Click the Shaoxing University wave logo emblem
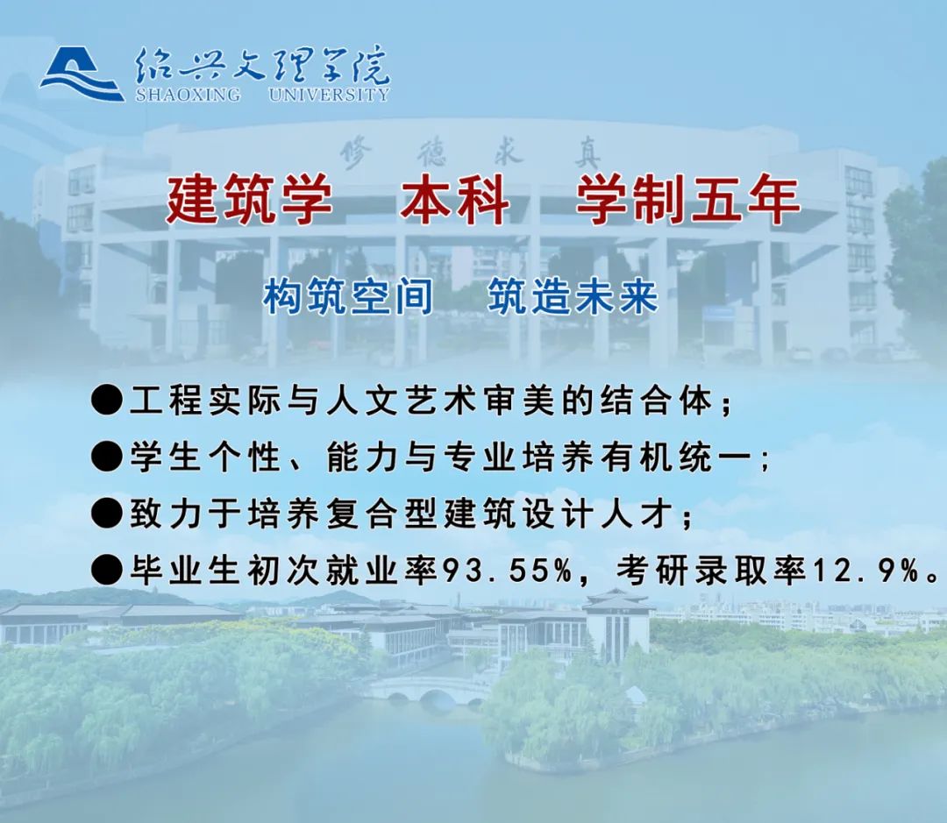click(x=82, y=74)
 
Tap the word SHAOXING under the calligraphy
click(x=188, y=95)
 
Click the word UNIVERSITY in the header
click(x=329, y=95)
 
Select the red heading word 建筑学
click(x=249, y=199)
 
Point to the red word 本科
click(x=454, y=199)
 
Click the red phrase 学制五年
click(x=688, y=199)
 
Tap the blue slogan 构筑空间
click(x=348, y=296)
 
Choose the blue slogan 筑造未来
click(x=573, y=296)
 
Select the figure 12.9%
click(x=866, y=571)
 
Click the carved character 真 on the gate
click(x=587, y=155)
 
